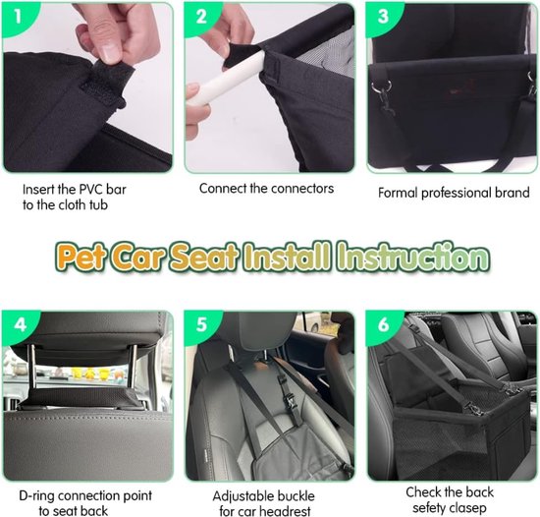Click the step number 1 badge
(x=18, y=17)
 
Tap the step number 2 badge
(x=201, y=17)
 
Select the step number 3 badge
(x=383, y=17)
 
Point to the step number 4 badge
(x=20, y=325)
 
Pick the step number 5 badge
(x=201, y=325)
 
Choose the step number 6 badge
(x=383, y=325)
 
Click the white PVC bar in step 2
(x=229, y=77)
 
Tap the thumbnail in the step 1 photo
(x=110, y=53)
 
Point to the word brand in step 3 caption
(x=513, y=193)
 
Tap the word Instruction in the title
(x=413, y=258)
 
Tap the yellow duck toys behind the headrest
(x=89, y=373)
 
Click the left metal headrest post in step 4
(x=31, y=368)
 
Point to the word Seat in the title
(x=204, y=258)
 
